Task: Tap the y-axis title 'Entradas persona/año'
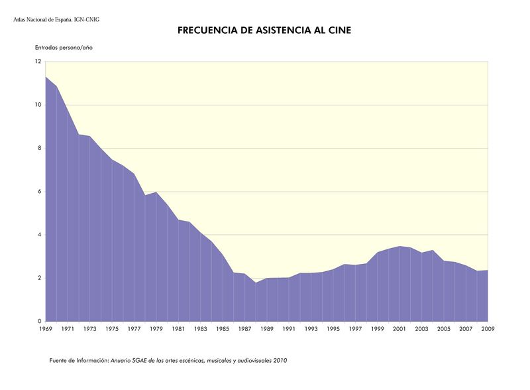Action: pyautogui.click(x=64, y=48)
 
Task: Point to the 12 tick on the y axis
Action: pyautogui.click(x=38, y=62)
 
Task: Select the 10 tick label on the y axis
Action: pyautogui.click(x=38, y=105)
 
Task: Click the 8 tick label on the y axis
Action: pyautogui.click(x=39, y=149)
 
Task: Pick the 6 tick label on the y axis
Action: pyautogui.click(x=39, y=192)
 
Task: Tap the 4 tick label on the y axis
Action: pyautogui.click(x=39, y=235)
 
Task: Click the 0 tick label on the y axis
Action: pyautogui.click(x=39, y=322)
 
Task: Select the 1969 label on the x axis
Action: pyautogui.click(x=45, y=329)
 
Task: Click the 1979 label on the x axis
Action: pyautogui.click(x=156, y=329)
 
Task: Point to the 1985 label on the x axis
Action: pyautogui.click(x=222, y=329)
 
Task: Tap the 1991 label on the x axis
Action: pyautogui.click(x=289, y=329)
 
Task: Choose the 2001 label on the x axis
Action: pyautogui.click(x=399, y=329)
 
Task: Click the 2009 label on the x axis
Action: pyautogui.click(x=488, y=329)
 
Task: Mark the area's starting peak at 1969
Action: pyautogui.click(x=46, y=77)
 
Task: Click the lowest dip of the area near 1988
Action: pyautogui.click(x=256, y=283)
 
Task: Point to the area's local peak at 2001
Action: pyautogui.click(x=399, y=246)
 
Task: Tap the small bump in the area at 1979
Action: pyautogui.click(x=156, y=192)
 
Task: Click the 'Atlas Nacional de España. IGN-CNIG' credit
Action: pyautogui.click(x=56, y=20)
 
